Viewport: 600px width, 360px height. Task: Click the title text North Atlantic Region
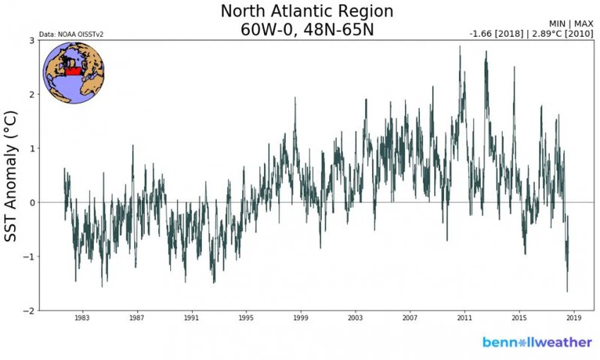307,12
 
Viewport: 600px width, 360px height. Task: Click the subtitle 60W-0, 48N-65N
307,31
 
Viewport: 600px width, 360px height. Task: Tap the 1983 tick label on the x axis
82,318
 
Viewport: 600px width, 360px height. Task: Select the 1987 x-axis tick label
137,318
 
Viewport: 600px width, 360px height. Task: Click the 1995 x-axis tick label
246,318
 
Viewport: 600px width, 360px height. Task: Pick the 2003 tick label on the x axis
356,318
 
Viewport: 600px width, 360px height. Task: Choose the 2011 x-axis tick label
465,318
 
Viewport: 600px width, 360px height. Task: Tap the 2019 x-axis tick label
574,318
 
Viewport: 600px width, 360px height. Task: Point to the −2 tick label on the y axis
30,311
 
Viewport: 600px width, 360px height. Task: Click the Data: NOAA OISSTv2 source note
66,34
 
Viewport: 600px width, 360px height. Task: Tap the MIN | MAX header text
571,24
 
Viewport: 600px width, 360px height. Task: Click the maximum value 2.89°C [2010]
559,34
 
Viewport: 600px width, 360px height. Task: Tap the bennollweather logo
537,342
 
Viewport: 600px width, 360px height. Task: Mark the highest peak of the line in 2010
460,47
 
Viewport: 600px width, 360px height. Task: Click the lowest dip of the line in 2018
567,292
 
